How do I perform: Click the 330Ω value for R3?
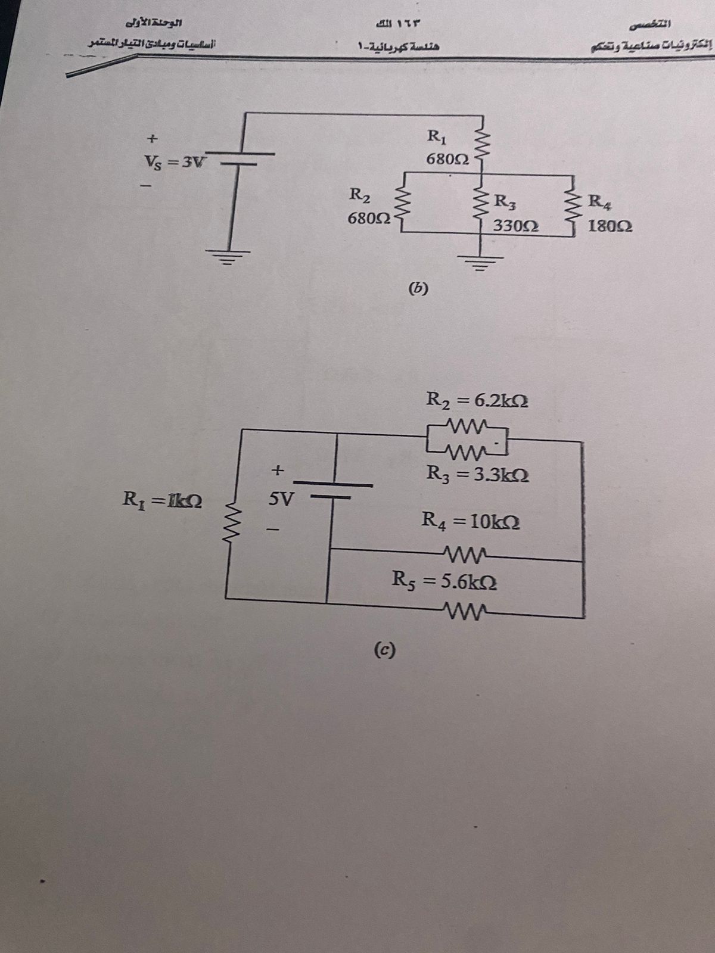point(516,226)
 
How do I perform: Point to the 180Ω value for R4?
point(610,226)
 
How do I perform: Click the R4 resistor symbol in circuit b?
point(574,205)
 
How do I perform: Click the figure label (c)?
point(386,649)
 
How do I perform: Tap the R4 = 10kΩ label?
point(471,521)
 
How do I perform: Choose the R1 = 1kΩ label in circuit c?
point(161,497)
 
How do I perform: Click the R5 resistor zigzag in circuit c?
point(462,609)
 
